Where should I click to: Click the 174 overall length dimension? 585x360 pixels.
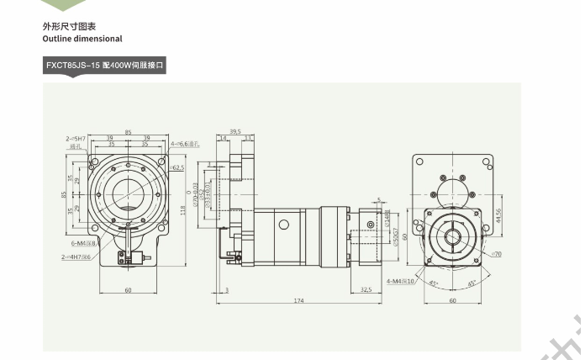tap(298, 300)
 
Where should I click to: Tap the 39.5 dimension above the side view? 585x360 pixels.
tap(235, 131)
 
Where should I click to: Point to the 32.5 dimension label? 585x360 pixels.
tap(366, 289)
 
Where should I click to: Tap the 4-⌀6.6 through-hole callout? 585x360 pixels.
tap(186, 144)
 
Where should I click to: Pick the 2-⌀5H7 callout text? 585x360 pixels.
tap(78, 138)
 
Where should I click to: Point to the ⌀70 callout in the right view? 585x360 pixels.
tap(496, 253)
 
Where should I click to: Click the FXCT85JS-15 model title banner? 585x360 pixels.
tap(105, 65)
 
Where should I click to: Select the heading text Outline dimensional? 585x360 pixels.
tap(82, 39)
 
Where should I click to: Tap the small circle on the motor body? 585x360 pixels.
tap(281, 224)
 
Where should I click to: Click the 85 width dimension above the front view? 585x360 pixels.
tap(128, 131)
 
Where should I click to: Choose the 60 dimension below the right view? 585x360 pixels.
tap(453, 300)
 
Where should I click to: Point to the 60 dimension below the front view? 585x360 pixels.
tap(128, 289)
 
